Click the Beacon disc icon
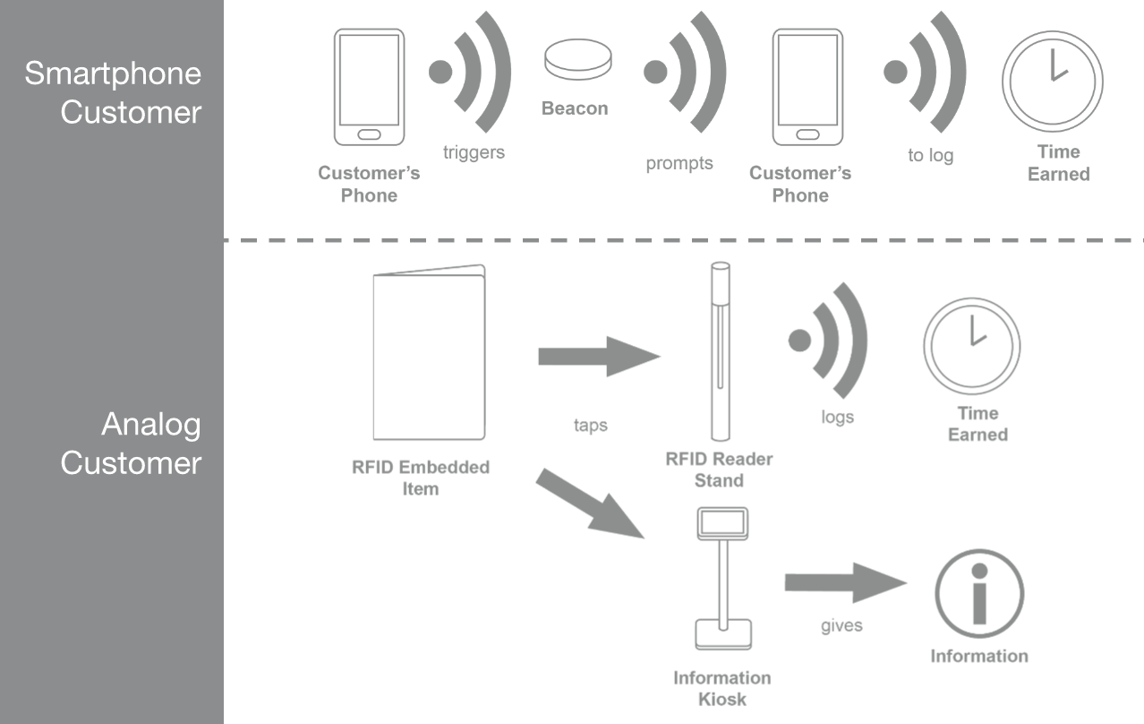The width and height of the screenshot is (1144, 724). (x=577, y=59)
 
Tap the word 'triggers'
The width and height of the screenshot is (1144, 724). (x=474, y=152)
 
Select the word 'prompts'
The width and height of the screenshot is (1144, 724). (x=679, y=164)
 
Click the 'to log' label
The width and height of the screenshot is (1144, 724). (x=931, y=155)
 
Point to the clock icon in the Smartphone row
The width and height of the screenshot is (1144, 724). (x=1052, y=82)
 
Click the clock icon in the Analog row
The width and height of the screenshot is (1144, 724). (x=972, y=346)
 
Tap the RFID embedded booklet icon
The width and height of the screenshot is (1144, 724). (x=429, y=352)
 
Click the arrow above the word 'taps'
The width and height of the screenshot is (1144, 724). (x=599, y=357)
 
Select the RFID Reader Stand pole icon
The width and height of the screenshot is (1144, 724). (x=720, y=351)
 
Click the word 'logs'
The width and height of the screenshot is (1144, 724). (x=838, y=417)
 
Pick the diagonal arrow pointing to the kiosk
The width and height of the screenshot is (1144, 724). (x=591, y=504)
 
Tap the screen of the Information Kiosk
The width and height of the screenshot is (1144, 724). (x=722, y=522)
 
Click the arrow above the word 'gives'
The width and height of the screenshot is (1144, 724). (x=846, y=582)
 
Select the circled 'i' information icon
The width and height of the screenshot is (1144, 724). (x=979, y=593)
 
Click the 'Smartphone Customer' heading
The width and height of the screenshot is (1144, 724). (x=113, y=92)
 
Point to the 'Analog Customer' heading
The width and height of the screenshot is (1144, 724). (x=131, y=444)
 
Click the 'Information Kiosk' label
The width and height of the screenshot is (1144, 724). (x=722, y=688)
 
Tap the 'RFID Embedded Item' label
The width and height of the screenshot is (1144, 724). (x=421, y=478)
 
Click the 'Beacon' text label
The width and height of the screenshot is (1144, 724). (x=575, y=108)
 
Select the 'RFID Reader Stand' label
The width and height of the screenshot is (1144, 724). (x=719, y=470)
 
